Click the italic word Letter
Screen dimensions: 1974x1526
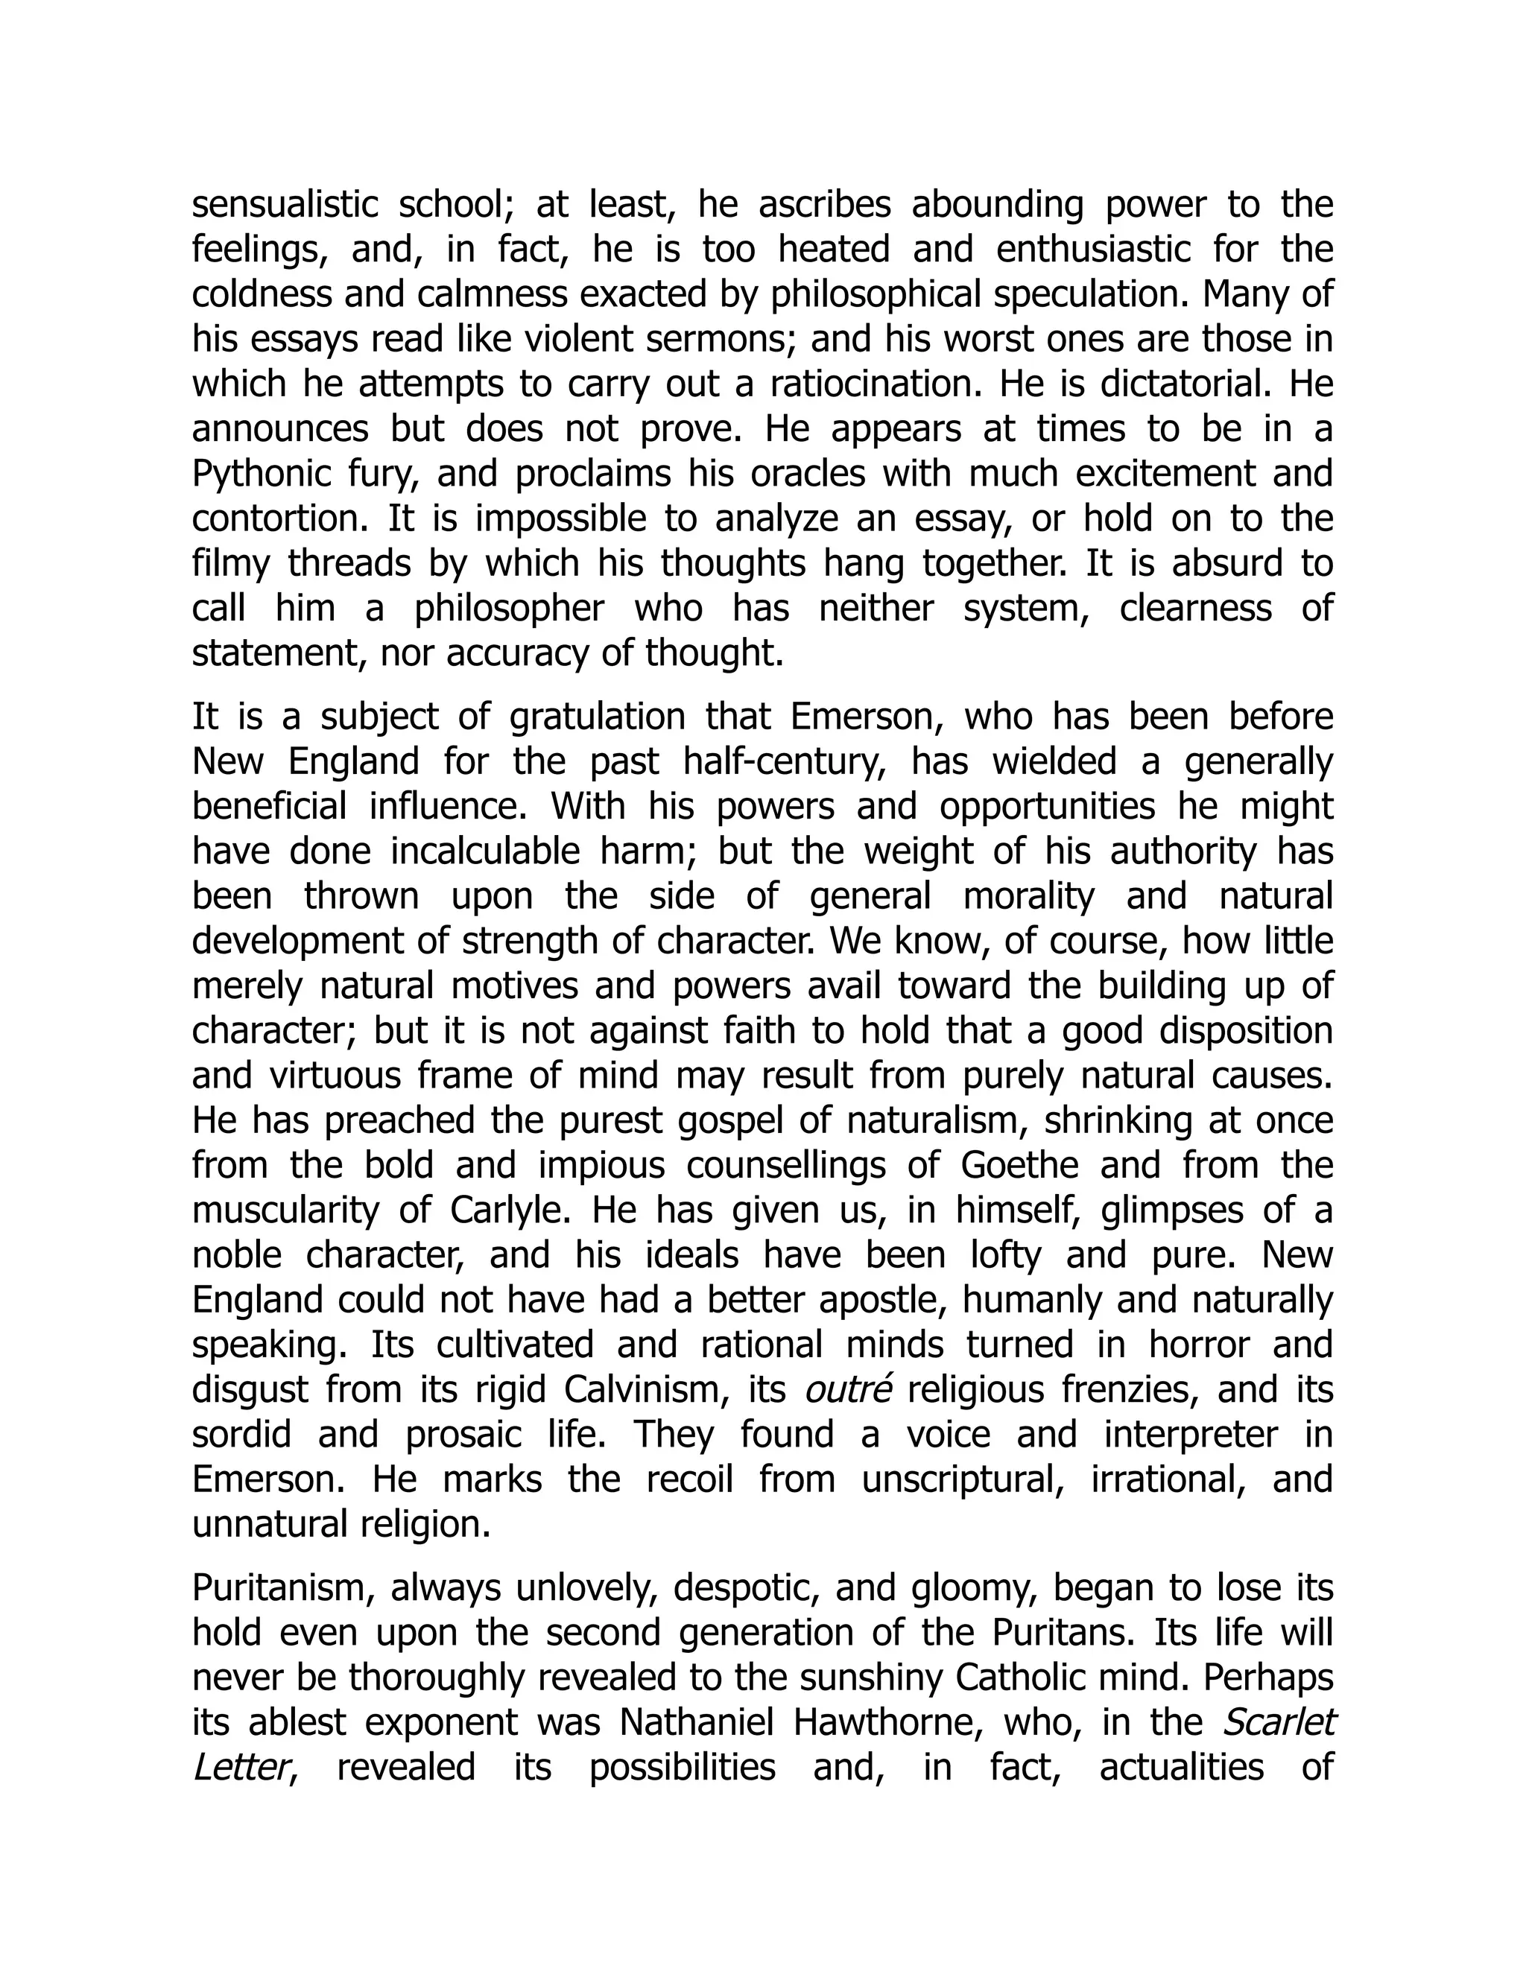[240, 1768]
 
